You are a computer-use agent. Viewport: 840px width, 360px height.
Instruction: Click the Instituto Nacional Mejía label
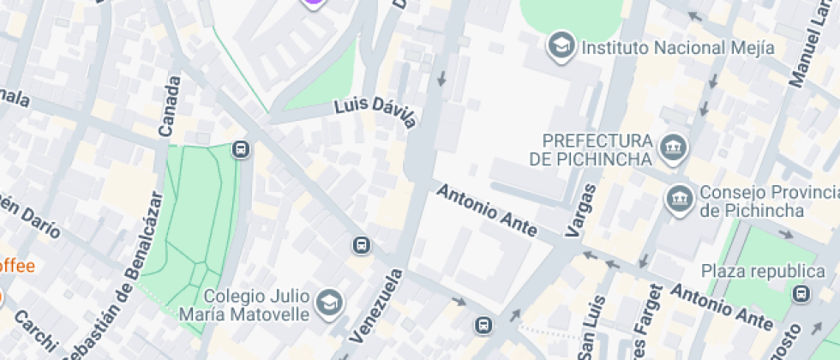[678, 48]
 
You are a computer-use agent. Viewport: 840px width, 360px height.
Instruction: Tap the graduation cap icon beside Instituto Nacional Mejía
[561, 45]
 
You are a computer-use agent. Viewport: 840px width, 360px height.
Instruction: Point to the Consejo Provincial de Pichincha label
[753, 201]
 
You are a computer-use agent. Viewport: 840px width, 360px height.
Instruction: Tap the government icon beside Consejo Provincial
[680, 199]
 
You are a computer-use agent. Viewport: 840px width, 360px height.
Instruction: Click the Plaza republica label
[744, 272]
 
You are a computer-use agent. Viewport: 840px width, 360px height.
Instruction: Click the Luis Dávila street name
[375, 112]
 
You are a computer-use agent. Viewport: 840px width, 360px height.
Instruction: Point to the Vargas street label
[581, 210]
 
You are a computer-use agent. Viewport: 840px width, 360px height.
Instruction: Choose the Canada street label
[170, 106]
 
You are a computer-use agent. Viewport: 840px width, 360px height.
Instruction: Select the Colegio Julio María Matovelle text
[244, 305]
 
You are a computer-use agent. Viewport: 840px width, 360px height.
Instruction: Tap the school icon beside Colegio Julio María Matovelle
[329, 302]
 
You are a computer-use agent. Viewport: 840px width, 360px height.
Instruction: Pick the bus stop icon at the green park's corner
[241, 150]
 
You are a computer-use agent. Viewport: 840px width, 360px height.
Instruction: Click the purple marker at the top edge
[315, 3]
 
